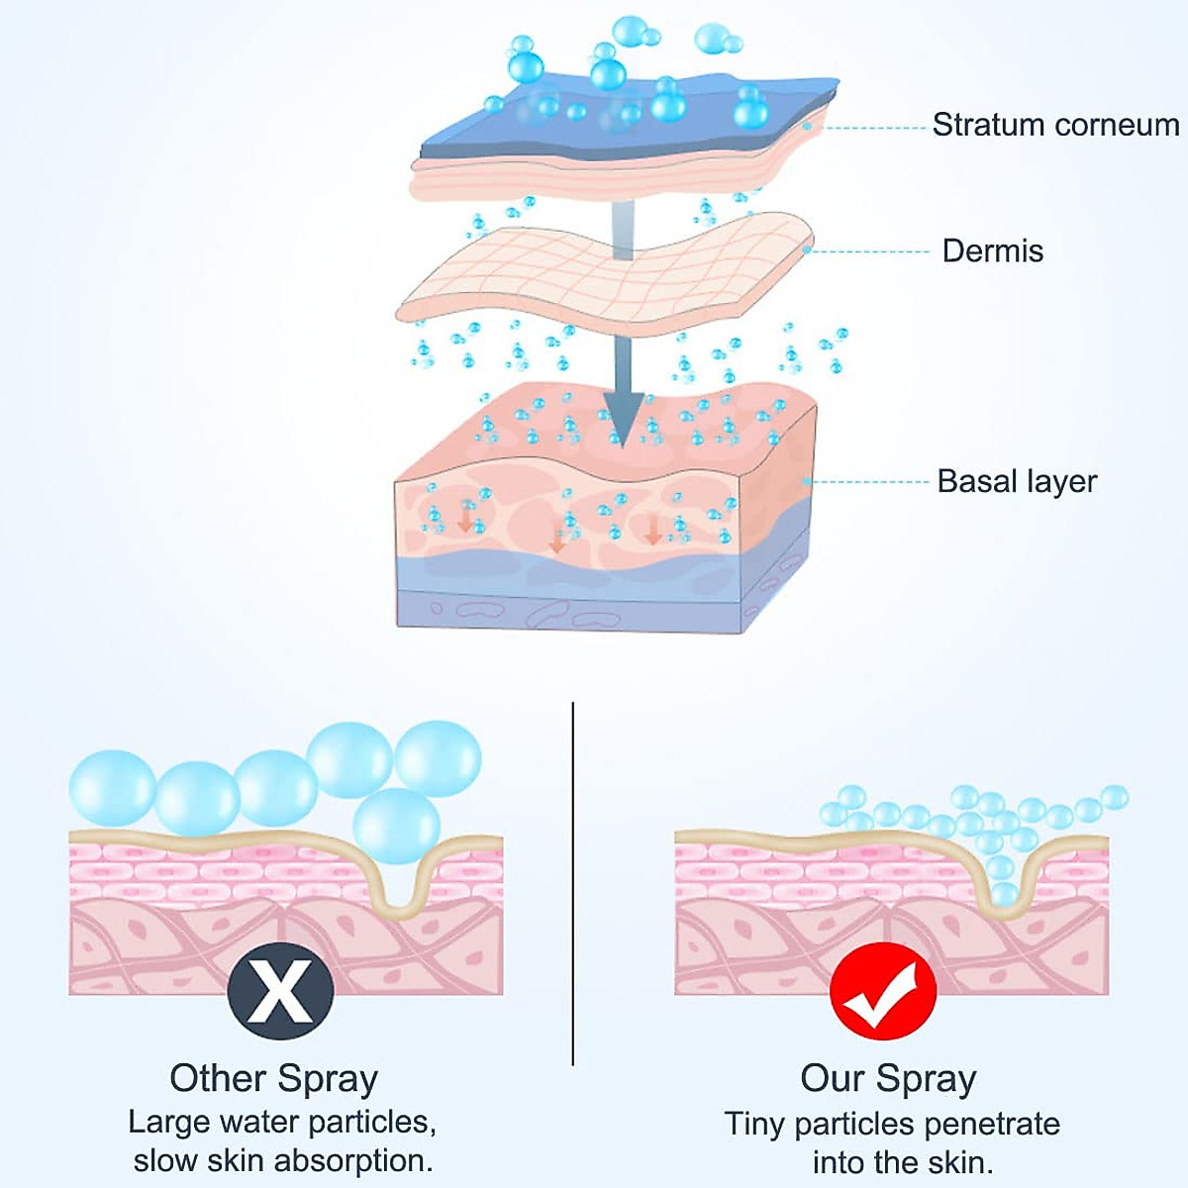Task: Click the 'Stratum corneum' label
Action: click(x=1055, y=125)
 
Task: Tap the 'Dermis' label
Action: click(x=992, y=250)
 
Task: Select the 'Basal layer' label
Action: click(x=1017, y=481)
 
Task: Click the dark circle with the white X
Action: click(x=280, y=991)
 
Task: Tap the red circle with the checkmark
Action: click(x=883, y=991)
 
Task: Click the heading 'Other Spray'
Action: click(x=273, y=1078)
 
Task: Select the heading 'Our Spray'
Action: click(x=888, y=1078)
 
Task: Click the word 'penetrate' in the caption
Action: click(x=991, y=1124)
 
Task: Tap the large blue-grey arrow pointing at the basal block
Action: click(x=623, y=396)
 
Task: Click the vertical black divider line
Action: click(x=573, y=881)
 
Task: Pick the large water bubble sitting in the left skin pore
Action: click(x=396, y=827)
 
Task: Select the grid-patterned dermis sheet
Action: click(x=604, y=272)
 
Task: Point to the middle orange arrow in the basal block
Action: click(x=557, y=540)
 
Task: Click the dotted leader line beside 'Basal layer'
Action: click(x=871, y=482)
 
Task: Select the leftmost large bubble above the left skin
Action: click(x=112, y=788)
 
